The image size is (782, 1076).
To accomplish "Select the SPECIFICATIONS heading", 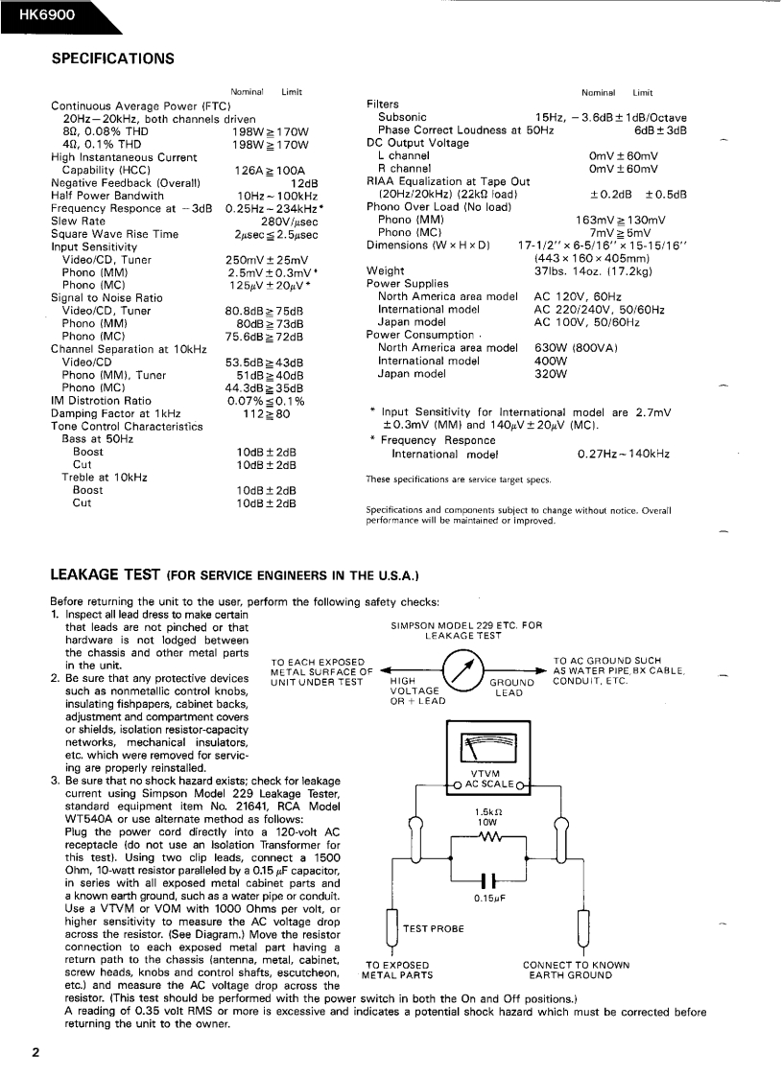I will [112, 58].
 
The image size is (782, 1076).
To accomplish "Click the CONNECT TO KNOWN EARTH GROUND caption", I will [576, 971].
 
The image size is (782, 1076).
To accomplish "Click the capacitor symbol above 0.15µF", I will [488, 878].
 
